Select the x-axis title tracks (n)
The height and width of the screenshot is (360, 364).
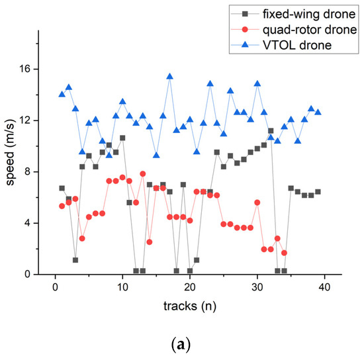pos(190,307)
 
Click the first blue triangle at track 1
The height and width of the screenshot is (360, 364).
pos(62,94)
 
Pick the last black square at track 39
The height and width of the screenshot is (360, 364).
pos(318,192)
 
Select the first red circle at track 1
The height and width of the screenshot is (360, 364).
pos(62,206)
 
